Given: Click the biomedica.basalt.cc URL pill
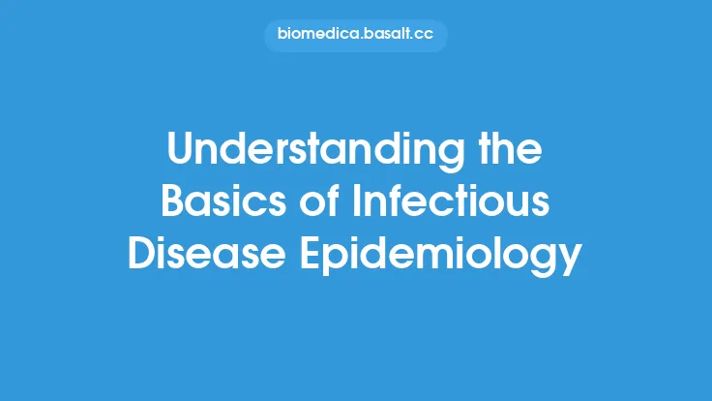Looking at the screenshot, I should pyautogui.click(x=355, y=36).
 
